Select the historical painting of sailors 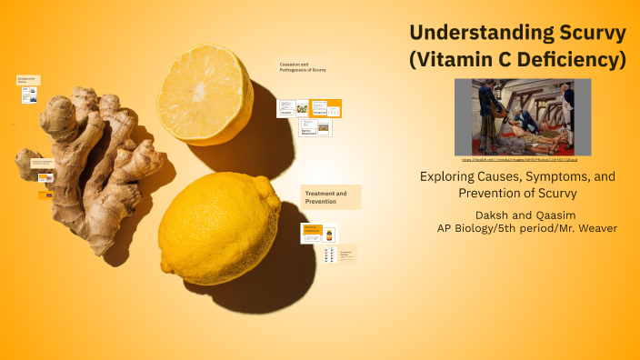click(523, 116)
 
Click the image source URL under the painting click(523, 160)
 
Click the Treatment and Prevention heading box click(331, 197)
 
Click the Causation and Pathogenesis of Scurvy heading click(303, 66)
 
